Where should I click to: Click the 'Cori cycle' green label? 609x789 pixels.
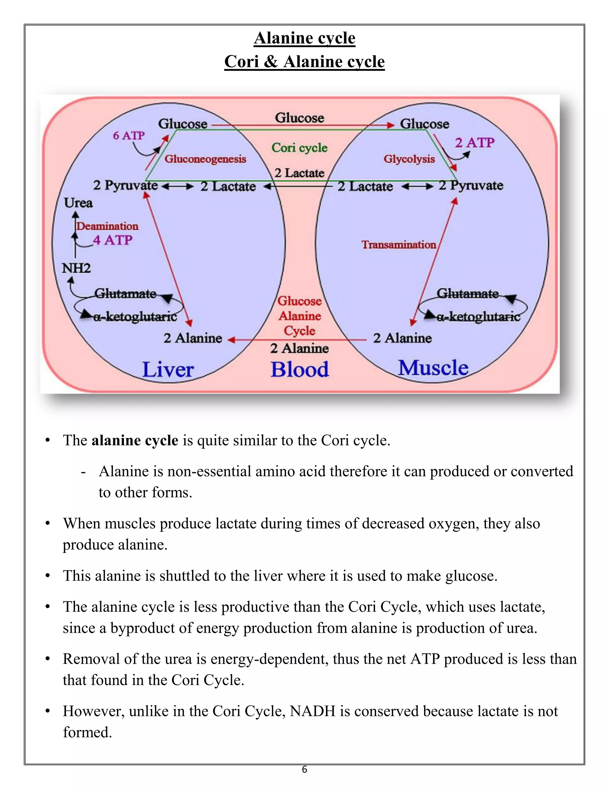coord(299,148)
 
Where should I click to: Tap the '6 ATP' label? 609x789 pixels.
coord(128,136)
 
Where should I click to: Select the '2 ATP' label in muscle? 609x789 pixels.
coord(474,143)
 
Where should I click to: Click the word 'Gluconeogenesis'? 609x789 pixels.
coord(205,159)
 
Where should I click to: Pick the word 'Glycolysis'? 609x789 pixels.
coord(409,159)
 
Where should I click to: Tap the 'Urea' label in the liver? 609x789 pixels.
coord(78,203)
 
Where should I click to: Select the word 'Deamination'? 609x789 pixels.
coord(108,226)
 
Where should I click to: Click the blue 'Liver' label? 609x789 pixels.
coord(168,369)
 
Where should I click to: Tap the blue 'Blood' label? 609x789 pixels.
coord(300,369)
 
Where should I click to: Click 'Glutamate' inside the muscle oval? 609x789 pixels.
coord(467,293)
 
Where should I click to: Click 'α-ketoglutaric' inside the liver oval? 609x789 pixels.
coord(135,317)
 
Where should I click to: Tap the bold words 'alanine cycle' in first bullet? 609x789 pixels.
coord(135,440)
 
